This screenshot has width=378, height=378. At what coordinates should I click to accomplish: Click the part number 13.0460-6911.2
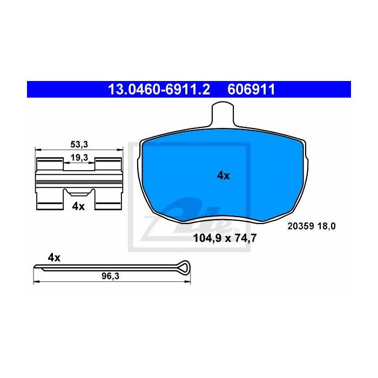(159, 90)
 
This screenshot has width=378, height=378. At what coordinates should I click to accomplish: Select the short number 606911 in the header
(251, 90)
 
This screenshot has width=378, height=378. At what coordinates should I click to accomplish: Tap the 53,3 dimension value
(79, 145)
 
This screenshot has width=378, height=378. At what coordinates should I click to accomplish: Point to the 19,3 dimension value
(79, 158)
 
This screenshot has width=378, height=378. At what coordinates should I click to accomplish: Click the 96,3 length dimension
(110, 276)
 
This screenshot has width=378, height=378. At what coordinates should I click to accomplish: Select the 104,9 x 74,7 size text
(225, 238)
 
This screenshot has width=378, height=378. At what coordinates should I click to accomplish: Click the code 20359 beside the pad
(301, 226)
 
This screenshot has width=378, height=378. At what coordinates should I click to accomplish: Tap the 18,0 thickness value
(326, 226)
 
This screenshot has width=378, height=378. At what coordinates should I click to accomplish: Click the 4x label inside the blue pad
(223, 175)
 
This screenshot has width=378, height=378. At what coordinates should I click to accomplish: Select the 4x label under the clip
(78, 206)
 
